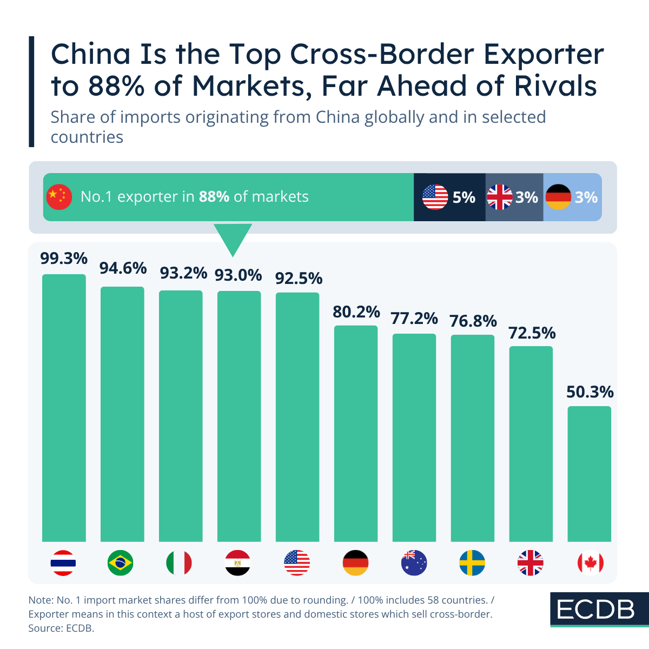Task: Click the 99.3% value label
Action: click(x=64, y=259)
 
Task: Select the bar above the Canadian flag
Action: click(x=589, y=473)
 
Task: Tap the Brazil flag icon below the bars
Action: click(x=120, y=563)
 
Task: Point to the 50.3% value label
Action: click(x=590, y=392)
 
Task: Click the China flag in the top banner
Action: click(x=59, y=197)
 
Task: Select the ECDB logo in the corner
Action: click(x=595, y=610)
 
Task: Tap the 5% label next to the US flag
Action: click(x=463, y=197)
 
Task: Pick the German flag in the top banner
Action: click(x=558, y=197)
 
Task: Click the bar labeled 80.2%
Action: click(x=355, y=433)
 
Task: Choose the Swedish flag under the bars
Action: click(x=472, y=563)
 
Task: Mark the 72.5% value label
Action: click(x=532, y=333)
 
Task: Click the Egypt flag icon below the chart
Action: click(x=237, y=563)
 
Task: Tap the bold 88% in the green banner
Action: click(x=214, y=196)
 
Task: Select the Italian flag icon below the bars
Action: click(x=179, y=563)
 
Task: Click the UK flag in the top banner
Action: click(x=499, y=197)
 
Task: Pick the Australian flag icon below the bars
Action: click(x=414, y=563)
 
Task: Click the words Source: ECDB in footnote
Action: click(x=61, y=628)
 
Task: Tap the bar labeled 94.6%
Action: click(x=122, y=414)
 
